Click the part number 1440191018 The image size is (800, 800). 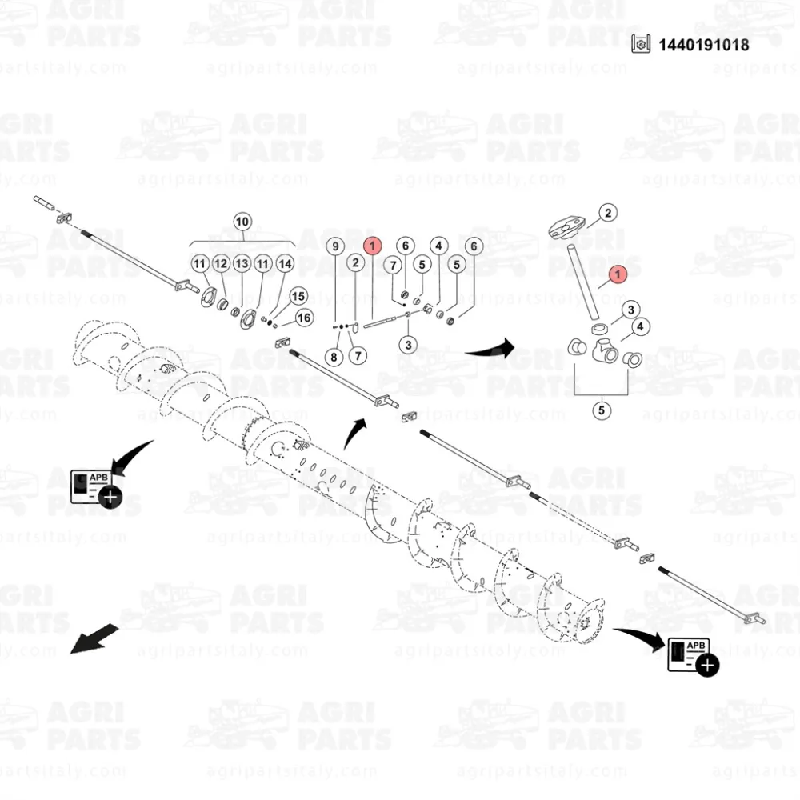coord(703,45)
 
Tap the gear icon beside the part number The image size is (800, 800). coord(641,44)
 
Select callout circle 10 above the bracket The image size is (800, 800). coord(242,222)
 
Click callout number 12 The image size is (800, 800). coord(221,263)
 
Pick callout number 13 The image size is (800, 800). coord(242,263)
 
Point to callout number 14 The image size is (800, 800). coord(285,264)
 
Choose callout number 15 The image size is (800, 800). coord(298,296)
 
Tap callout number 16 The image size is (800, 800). coord(304,318)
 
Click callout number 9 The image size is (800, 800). coord(335,246)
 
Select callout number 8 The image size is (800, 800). coord(334,357)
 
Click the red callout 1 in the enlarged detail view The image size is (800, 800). coord(618,274)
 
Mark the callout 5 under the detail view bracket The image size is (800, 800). coord(602,410)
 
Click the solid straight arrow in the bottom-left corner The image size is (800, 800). coord(94,639)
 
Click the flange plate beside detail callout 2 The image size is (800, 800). coord(566,227)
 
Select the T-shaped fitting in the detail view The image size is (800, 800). coord(606,350)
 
